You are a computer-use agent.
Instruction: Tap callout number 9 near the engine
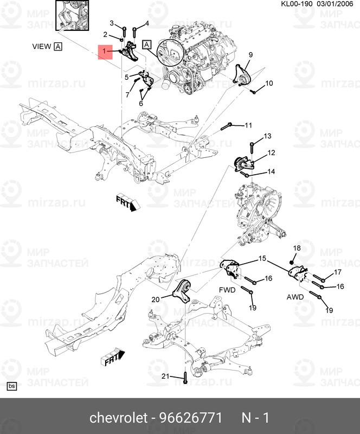point(251,55)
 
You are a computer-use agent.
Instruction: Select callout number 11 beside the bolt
point(248,125)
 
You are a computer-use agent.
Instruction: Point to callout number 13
point(267,136)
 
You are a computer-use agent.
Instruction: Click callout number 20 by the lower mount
point(155,299)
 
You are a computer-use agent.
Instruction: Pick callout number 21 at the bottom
point(166,377)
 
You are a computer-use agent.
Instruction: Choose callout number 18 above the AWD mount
point(297,248)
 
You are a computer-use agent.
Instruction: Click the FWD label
point(227,290)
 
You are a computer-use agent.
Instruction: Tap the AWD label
point(295,297)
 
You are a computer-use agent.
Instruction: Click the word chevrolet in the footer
point(118,418)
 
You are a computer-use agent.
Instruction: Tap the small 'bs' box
point(11,386)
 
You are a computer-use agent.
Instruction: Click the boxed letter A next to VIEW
point(58,47)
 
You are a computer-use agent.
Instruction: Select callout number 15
point(262,259)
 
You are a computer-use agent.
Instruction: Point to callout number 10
point(269,84)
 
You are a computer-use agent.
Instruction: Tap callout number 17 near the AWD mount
point(337,272)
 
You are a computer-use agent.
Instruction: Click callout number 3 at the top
point(112,23)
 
